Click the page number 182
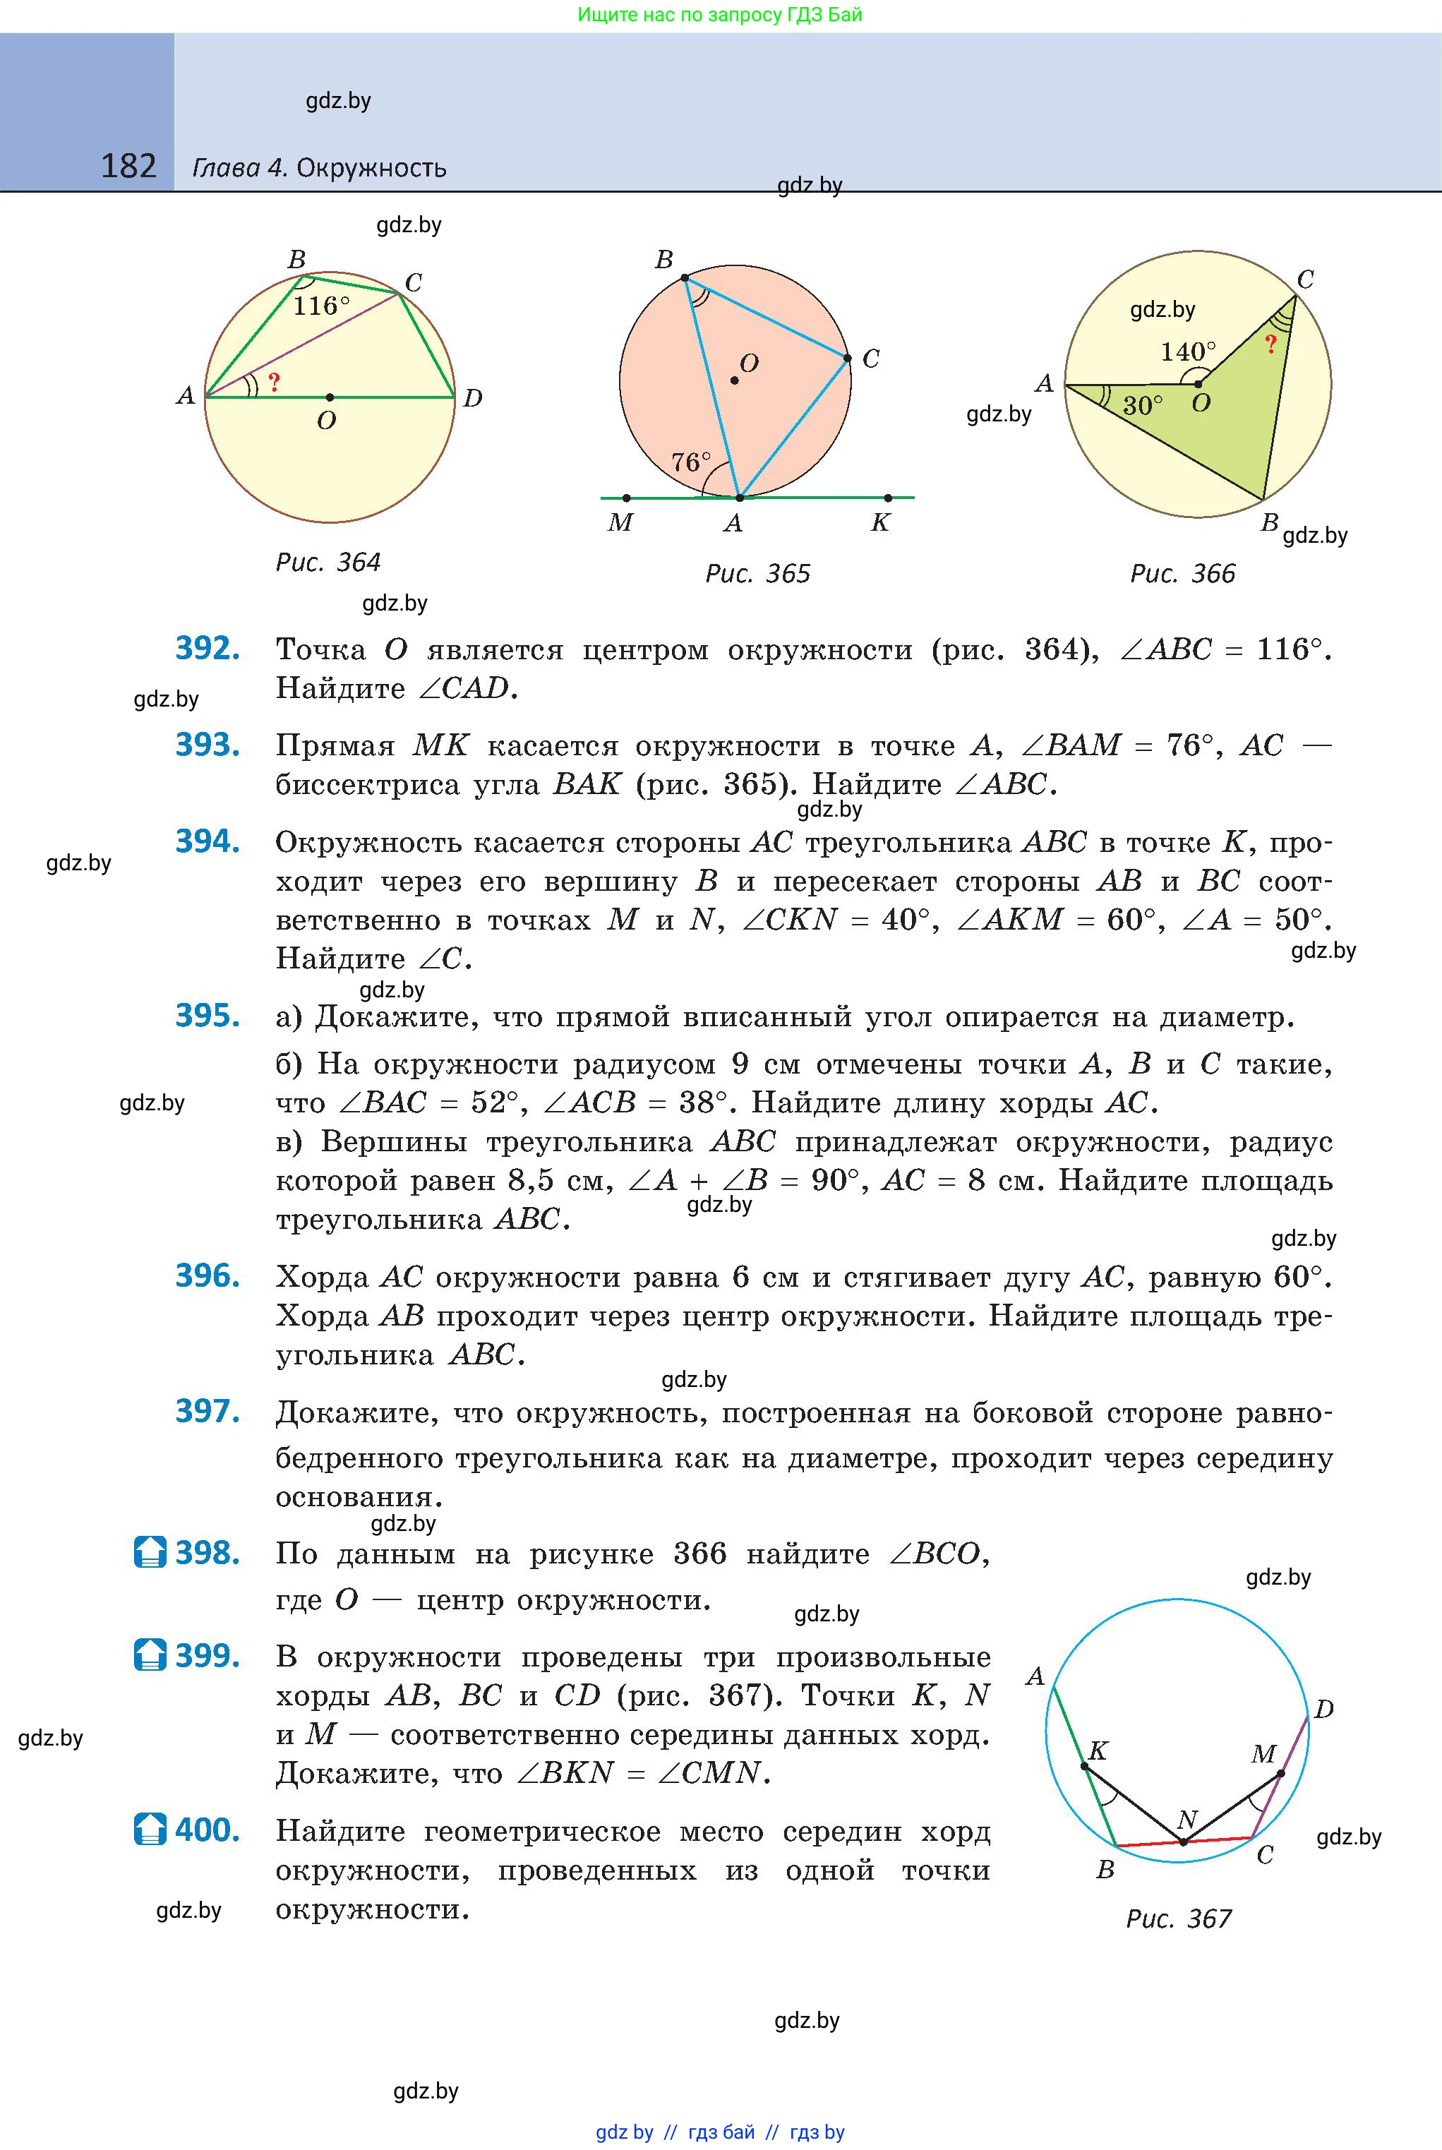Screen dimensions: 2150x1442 pos(128,167)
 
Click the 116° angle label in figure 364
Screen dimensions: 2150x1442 pos(321,306)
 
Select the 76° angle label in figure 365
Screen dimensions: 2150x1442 pos(691,462)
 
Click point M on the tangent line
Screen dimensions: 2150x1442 pos(626,498)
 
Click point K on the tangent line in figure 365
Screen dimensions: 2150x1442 pos(887,498)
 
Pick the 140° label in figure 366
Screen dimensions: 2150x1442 pos(1187,352)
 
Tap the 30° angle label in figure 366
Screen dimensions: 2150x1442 pos(1142,406)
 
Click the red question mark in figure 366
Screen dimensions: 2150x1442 pos(1270,345)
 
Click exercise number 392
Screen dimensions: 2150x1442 pos(208,648)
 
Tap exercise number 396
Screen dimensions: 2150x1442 pos(208,1275)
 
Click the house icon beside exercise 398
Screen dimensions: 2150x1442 pos(150,1552)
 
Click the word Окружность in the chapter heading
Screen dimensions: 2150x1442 pos(371,168)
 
